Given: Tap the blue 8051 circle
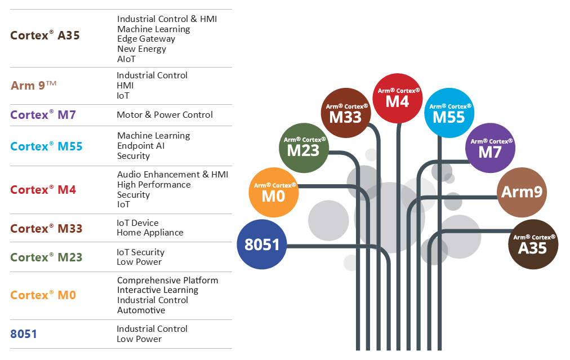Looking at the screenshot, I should click(x=262, y=245).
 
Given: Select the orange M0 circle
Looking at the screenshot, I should click(x=274, y=192).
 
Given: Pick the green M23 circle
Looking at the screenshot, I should click(x=304, y=147).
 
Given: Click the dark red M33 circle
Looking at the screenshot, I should click(x=346, y=113).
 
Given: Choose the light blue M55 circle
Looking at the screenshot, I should click(x=448, y=113).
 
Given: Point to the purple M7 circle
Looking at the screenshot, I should click(x=490, y=148).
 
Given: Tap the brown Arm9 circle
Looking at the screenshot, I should click(x=522, y=192).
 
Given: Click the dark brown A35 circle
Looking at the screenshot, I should click(x=533, y=244).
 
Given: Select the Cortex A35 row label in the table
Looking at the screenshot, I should click(x=45, y=35).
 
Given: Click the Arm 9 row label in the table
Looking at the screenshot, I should click(x=34, y=86).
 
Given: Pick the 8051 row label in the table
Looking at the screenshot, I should click(x=24, y=334).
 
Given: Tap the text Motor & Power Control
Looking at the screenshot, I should click(x=164, y=115).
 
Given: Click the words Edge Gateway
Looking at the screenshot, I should click(x=146, y=39).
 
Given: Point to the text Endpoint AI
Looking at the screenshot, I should click(x=141, y=146).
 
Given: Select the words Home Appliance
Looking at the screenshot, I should click(x=150, y=233).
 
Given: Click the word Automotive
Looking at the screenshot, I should click(x=141, y=310).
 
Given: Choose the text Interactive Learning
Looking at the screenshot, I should click(x=158, y=290).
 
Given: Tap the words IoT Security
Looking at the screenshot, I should click(x=140, y=252).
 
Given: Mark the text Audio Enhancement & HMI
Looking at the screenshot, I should click(x=172, y=175).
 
